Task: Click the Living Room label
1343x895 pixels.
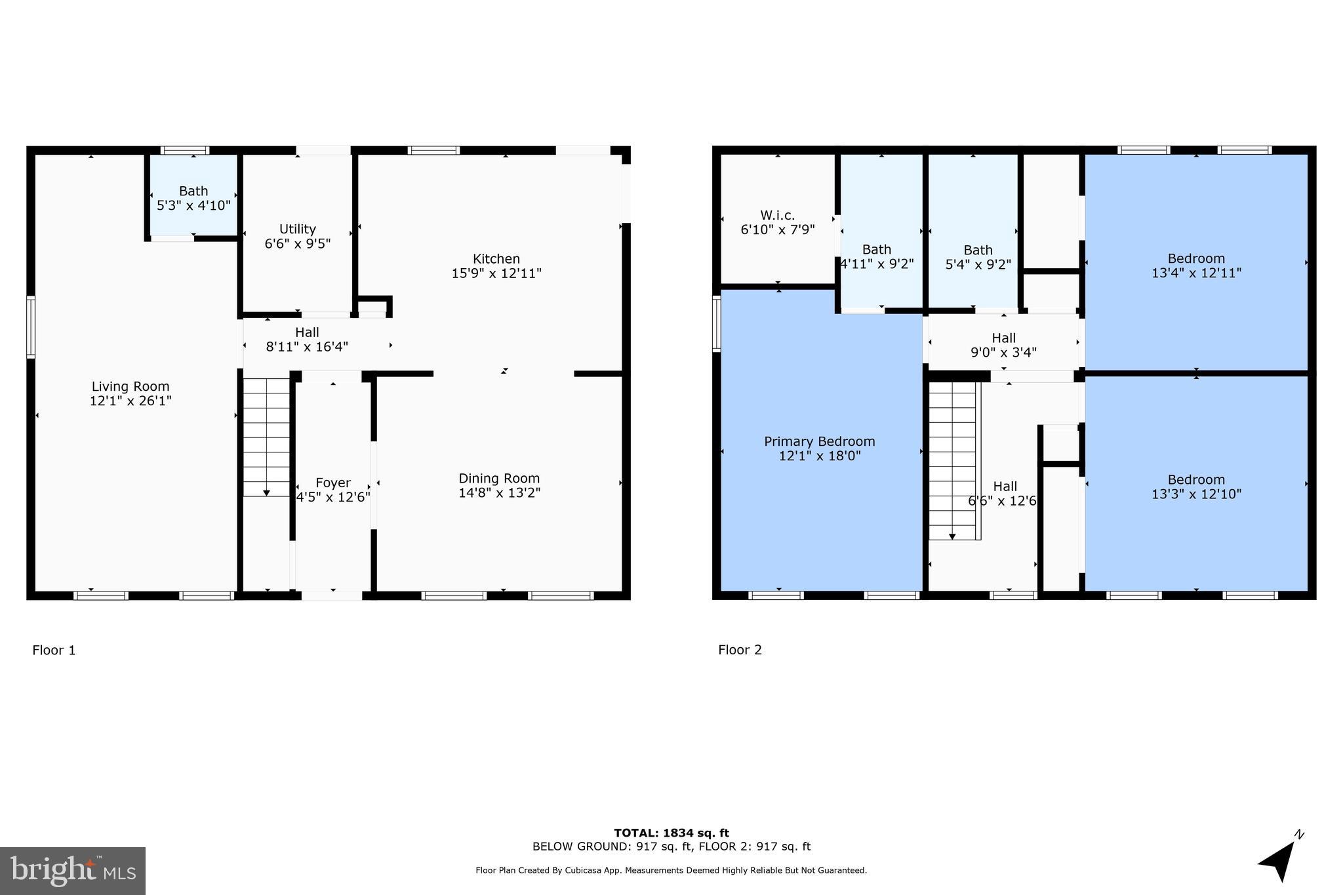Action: (x=130, y=386)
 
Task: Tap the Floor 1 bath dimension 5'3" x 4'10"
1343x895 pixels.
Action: (x=193, y=205)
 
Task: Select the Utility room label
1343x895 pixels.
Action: (x=298, y=229)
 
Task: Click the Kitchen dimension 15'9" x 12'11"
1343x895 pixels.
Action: (x=496, y=273)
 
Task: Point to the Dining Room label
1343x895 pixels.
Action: (x=498, y=478)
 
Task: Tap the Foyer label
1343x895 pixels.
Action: (x=332, y=483)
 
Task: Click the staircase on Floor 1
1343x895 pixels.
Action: (x=266, y=436)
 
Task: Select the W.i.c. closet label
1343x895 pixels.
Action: (x=778, y=215)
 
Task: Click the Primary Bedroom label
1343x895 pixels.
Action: (x=819, y=441)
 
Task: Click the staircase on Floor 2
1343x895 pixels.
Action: (x=952, y=459)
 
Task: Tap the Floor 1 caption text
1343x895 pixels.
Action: (x=54, y=650)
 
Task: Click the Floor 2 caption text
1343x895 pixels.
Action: (x=740, y=650)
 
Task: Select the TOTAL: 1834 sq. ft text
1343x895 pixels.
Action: (x=671, y=833)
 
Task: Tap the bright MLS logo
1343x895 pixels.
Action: (x=72, y=871)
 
